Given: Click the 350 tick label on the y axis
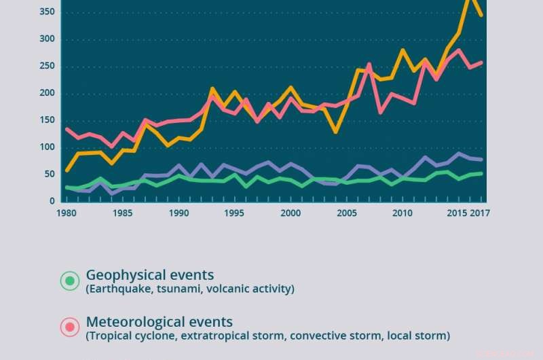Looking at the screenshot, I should (46, 12).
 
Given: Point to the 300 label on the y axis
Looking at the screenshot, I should (46, 39).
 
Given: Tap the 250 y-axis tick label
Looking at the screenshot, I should (46, 67).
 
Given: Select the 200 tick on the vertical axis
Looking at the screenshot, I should (46, 94).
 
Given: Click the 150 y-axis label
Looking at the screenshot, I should (46, 121).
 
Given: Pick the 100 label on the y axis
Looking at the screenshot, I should (46, 148).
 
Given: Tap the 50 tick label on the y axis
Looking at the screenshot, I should (49, 175).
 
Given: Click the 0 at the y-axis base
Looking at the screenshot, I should (52, 202).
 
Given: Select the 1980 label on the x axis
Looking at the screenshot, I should (67, 213).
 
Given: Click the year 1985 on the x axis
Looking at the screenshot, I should (122, 213).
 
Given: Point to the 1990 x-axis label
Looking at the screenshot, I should (179, 213).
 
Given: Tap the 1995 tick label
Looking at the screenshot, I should (234, 213).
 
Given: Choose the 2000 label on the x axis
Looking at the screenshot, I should (291, 213).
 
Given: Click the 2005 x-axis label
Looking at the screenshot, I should (347, 213).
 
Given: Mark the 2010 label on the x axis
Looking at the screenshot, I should (402, 213).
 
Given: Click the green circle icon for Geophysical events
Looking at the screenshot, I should (69, 281).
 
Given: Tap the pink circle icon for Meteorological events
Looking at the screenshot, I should (69, 327).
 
